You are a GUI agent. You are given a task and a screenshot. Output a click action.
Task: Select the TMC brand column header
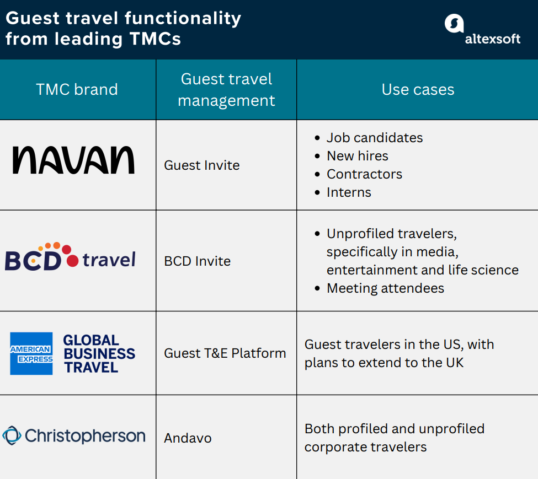77,89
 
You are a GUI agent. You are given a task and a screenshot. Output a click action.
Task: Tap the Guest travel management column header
226,89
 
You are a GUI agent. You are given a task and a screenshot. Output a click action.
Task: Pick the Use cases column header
418,89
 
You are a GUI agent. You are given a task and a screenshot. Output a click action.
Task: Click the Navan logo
73,160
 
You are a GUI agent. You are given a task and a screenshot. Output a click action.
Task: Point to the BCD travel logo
70,257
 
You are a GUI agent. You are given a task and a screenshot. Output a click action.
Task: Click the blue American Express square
31,353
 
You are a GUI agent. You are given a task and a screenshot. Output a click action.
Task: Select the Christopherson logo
74,437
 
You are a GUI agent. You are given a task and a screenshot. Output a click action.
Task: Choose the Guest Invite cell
202,165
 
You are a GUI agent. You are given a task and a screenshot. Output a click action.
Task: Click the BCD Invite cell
197,261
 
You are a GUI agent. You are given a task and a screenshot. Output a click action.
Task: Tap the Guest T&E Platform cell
225,353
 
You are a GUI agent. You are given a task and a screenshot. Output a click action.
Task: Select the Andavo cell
188,438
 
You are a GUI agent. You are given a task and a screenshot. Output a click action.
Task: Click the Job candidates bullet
374,138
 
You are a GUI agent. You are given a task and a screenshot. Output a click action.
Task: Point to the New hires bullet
357,156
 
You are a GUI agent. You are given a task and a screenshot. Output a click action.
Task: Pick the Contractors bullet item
364,174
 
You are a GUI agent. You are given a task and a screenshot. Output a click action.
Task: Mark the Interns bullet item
349,192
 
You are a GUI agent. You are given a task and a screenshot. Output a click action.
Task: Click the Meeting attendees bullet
385,288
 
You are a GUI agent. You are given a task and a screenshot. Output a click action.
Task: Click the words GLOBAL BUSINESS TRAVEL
99,353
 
